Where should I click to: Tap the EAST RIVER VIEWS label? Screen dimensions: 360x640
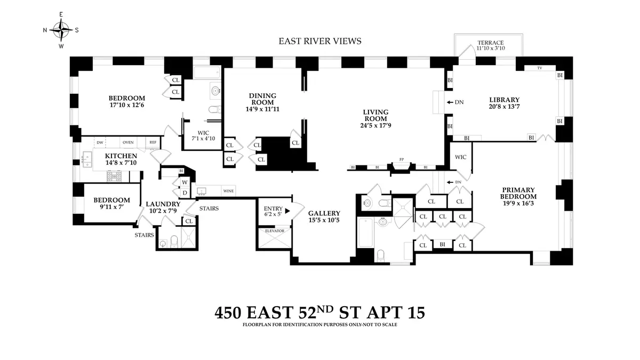(x=320, y=41)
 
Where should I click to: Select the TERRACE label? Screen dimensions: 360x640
(x=490, y=43)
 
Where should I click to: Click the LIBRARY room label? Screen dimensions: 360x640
(x=504, y=100)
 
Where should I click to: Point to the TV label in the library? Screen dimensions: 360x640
(x=539, y=68)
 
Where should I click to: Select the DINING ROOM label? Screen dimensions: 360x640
(x=261, y=99)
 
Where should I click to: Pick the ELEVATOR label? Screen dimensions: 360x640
(x=271, y=231)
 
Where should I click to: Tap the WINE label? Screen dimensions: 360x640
(x=228, y=191)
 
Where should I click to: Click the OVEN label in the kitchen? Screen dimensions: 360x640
(x=128, y=142)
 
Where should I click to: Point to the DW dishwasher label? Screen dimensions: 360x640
(x=99, y=142)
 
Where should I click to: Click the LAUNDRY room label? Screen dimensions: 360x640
(x=163, y=204)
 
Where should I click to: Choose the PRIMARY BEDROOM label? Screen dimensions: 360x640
(x=518, y=193)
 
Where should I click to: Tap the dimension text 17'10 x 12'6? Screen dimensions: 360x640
(x=126, y=105)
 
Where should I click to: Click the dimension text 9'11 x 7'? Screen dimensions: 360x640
(x=111, y=207)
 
